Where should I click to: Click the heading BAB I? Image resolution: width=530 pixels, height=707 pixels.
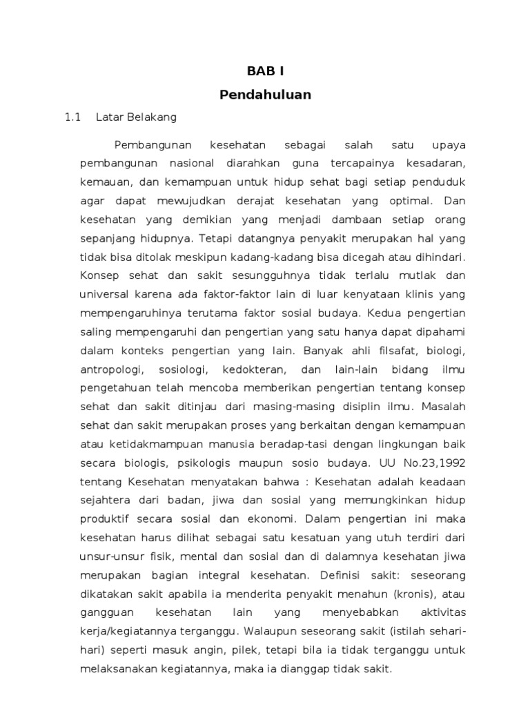265,72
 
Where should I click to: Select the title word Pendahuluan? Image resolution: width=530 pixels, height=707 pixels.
265,95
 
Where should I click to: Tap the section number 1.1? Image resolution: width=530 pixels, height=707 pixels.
73,117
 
